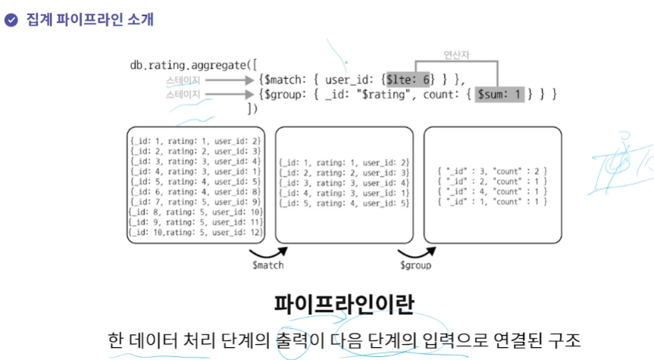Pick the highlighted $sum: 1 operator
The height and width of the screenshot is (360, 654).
[500, 95]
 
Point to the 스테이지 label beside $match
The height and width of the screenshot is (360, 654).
[183, 80]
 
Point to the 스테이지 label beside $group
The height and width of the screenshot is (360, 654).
[183, 95]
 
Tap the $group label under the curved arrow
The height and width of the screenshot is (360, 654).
[416, 266]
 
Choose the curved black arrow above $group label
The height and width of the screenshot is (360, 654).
[416, 252]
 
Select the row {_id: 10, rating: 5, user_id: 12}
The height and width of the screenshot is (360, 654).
[196, 232]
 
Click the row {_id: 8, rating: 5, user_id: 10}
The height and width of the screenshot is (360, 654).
[196, 214]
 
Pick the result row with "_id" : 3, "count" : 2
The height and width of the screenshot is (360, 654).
[493, 172]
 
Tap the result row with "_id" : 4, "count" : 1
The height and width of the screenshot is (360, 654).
[493, 192]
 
